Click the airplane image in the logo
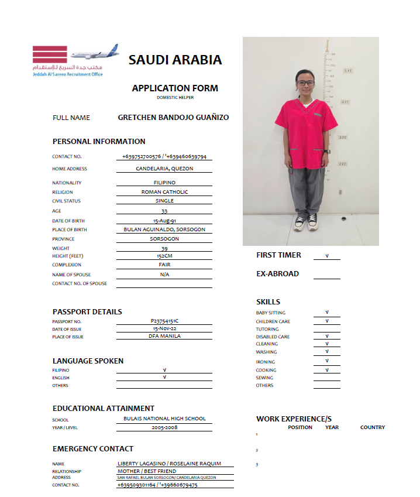click(94, 53)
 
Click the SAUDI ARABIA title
click(175, 60)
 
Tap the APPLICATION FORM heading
click(175, 88)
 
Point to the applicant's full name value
click(173, 118)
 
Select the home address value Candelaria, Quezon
click(164, 169)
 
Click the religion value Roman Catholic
click(164, 192)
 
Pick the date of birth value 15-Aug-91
click(164, 221)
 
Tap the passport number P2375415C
click(164, 321)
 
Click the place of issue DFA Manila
click(164, 336)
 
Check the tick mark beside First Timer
click(326, 256)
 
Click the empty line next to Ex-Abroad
click(326, 275)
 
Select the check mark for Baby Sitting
click(326, 313)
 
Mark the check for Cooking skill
click(326, 370)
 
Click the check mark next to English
click(164, 378)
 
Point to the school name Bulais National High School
click(164, 419)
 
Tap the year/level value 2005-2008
click(164, 427)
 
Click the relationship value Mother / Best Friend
click(155, 471)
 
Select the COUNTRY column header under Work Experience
click(372, 427)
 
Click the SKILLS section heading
click(268, 302)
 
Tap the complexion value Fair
click(164, 265)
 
